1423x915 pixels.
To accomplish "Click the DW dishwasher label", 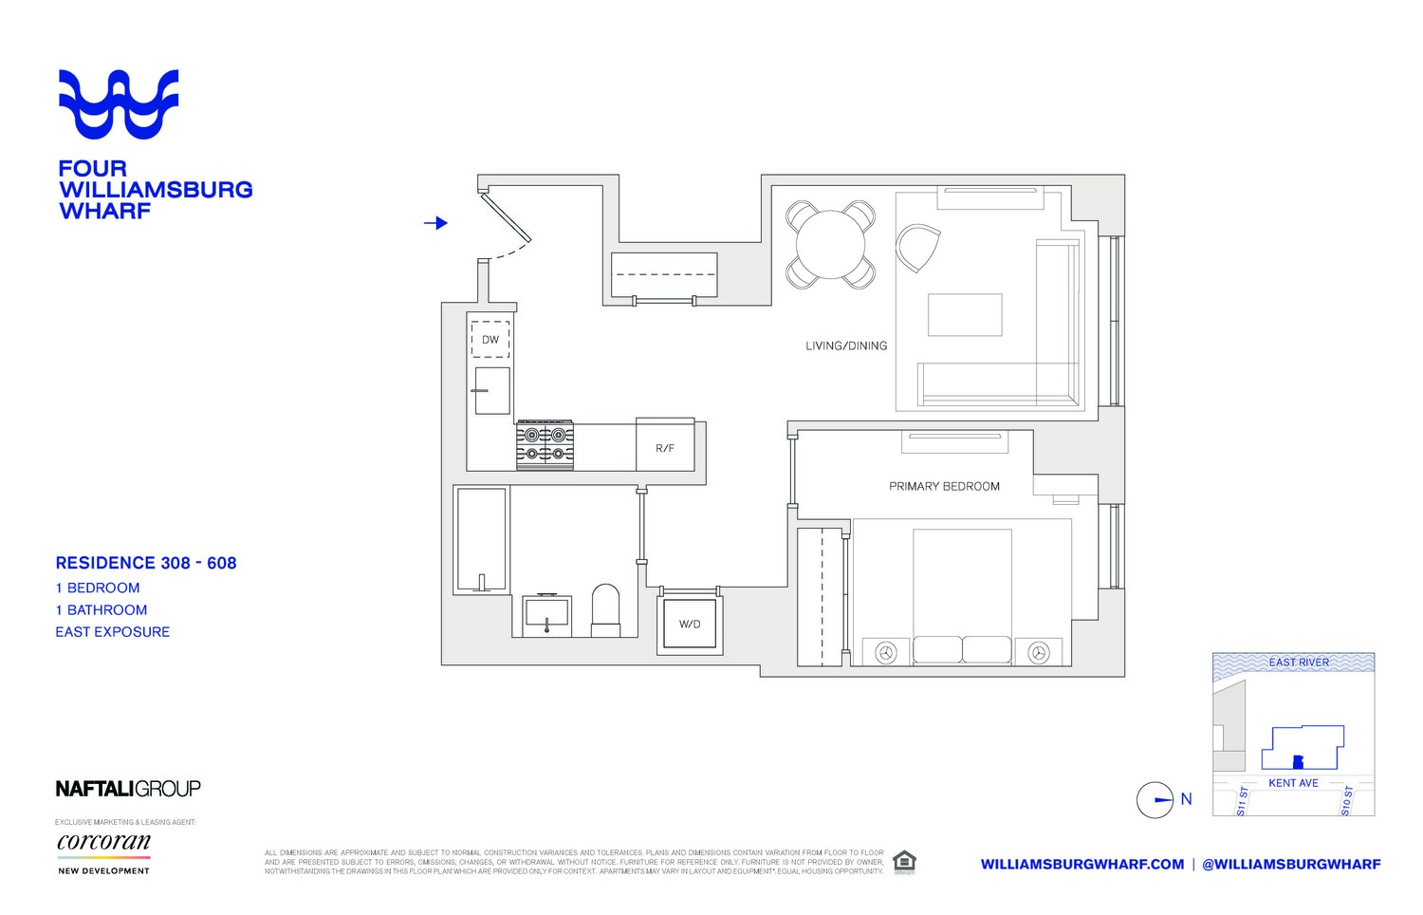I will pos(490,340).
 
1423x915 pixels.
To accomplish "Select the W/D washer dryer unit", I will pos(690,624).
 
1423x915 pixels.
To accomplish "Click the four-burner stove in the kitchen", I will pos(545,445).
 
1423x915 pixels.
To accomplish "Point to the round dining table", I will pos(830,245).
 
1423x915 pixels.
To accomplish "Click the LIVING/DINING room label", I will pos(846,346).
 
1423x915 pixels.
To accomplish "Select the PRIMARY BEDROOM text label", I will pos(944,486).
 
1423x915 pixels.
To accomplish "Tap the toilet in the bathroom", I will pos(605,610).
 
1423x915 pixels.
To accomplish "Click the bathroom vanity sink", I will pos(546,614).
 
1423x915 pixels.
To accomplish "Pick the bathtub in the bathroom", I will pos(482,539).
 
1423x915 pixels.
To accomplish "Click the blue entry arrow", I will pos(435,223).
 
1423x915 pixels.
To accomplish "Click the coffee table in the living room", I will pos(965,315).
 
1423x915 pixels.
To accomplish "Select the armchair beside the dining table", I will pos(917,248).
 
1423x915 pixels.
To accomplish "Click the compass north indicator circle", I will pos(1155,800).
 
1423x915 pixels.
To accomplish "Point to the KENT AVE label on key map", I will pos(1293,783).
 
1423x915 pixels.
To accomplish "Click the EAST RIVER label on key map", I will pos(1299,663).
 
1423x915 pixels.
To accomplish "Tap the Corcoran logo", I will pos(103,843).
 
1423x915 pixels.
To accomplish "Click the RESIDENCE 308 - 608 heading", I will pos(146,563).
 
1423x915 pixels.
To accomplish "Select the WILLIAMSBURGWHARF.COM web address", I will pos(1081,864).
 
